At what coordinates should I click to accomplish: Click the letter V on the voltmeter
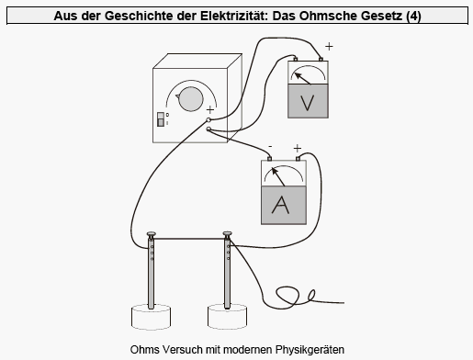(x=308, y=103)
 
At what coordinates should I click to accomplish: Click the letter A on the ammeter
(x=280, y=205)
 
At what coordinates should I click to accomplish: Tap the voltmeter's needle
(x=303, y=78)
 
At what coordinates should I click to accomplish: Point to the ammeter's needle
(x=278, y=176)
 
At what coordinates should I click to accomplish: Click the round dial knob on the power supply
(x=190, y=99)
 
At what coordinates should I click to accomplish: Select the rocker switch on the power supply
(x=161, y=119)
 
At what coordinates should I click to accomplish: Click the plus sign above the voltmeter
(x=329, y=47)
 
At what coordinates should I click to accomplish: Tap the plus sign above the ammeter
(x=298, y=149)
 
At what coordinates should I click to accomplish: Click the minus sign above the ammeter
(x=270, y=147)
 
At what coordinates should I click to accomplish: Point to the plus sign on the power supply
(x=210, y=109)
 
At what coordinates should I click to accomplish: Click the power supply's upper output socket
(x=208, y=119)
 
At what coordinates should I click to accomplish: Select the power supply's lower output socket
(x=208, y=129)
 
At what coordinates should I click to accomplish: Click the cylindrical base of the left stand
(x=151, y=317)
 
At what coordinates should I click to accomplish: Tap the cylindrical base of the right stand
(x=228, y=317)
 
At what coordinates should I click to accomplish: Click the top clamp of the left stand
(x=152, y=235)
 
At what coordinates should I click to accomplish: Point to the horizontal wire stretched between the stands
(x=189, y=239)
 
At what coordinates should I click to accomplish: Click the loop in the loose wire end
(x=288, y=296)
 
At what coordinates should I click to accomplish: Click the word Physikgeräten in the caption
(x=310, y=350)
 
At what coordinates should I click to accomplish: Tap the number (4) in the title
(x=413, y=16)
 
